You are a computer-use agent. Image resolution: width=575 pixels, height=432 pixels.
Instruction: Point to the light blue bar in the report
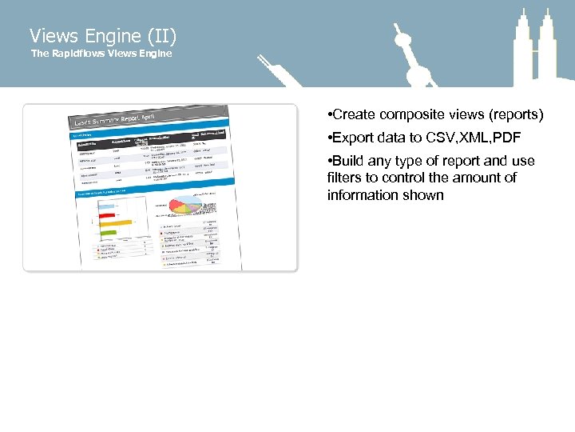click(106, 205)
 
